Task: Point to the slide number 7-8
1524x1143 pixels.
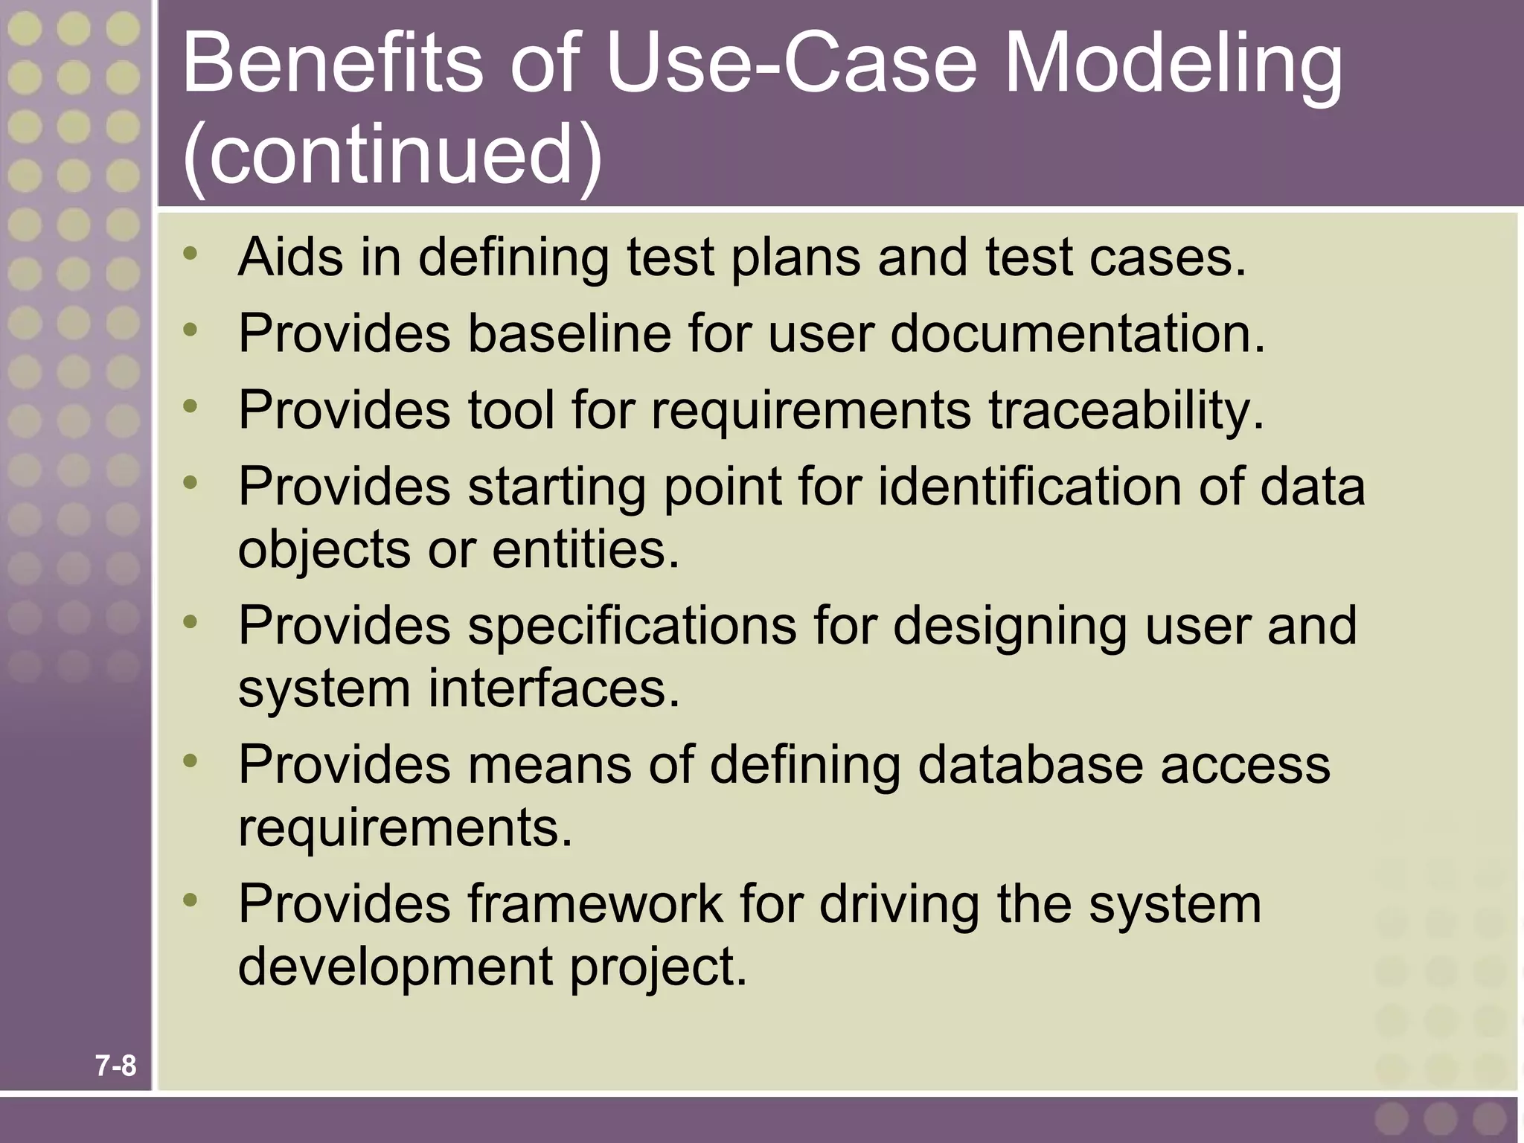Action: (116, 1066)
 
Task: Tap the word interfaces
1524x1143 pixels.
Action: (554, 688)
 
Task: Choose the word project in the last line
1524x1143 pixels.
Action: (658, 967)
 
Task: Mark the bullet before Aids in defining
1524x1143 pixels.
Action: (190, 254)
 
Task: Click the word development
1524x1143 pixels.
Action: (395, 967)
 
